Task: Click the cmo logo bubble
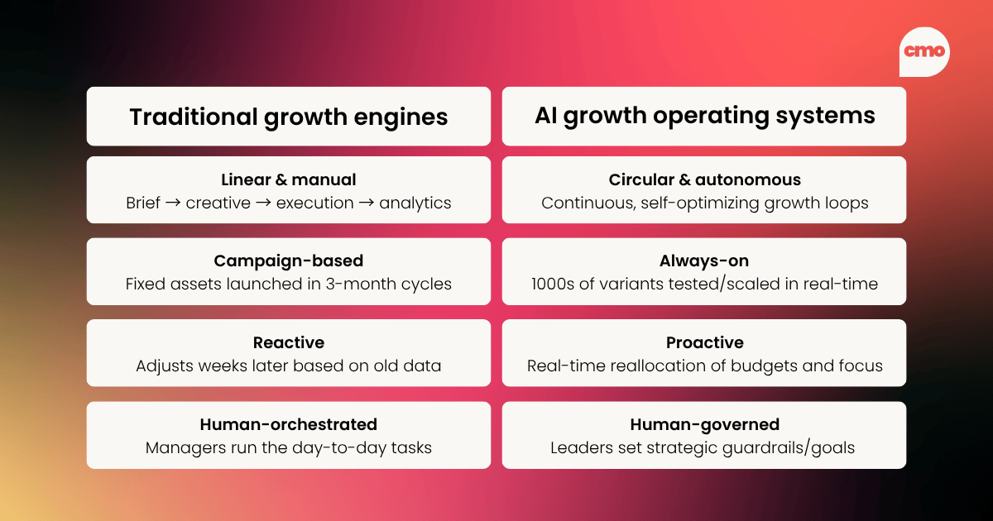pos(924,51)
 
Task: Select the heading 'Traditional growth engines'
pos(288,117)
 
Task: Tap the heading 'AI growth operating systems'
pos(704,116)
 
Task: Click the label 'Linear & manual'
pos(288,179)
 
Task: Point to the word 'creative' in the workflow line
pos(218,203)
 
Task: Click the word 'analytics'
pos(415,203)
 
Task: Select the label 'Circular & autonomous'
pos(704,179)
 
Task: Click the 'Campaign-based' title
pos(288,261)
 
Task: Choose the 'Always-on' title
pos(704,261)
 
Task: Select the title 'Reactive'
pos(288,342)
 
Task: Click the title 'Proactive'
pos(704,342)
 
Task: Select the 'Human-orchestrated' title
pos(288,424)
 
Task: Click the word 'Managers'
pos(180,447)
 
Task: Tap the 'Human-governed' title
pos(704,424)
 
